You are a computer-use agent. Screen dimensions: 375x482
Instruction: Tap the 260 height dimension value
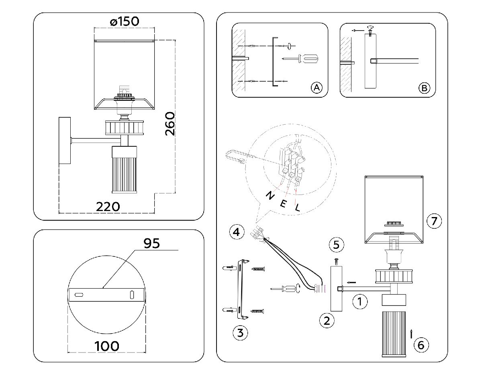click(x=170, y=124)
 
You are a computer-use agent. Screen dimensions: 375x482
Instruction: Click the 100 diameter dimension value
click(x=106, y=345)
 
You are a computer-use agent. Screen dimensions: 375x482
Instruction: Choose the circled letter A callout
click(x=317, y=88)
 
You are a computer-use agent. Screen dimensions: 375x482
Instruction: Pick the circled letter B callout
click(x=424, y=88)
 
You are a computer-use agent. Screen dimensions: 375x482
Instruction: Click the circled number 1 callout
click(x=360, y=301)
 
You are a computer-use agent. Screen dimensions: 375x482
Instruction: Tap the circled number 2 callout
click(x=327, y=320)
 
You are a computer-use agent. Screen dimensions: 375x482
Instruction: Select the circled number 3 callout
click(x=240, y=332)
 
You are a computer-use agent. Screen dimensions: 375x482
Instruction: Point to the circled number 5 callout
click(x=336, y=244)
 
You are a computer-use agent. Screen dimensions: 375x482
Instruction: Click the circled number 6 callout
click(x=421, y=344)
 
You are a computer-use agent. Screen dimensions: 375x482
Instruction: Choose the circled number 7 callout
click(x=434, y=221)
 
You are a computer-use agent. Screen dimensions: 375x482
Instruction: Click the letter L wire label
click(x=297, y=208)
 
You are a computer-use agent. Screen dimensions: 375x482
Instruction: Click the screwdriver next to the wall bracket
click(x=286, y=288)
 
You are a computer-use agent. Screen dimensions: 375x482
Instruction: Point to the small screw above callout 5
click(x=336, y=262)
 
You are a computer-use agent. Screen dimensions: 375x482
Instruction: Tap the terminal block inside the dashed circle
click(x=292, y=162)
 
